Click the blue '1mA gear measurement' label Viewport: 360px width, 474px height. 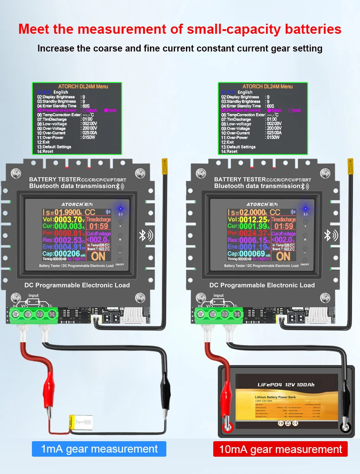click(x=99, y=449)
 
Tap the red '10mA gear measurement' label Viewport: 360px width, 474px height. click(x=280, y=449)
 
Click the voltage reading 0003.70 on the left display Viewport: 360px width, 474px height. click(x=65, y=219)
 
